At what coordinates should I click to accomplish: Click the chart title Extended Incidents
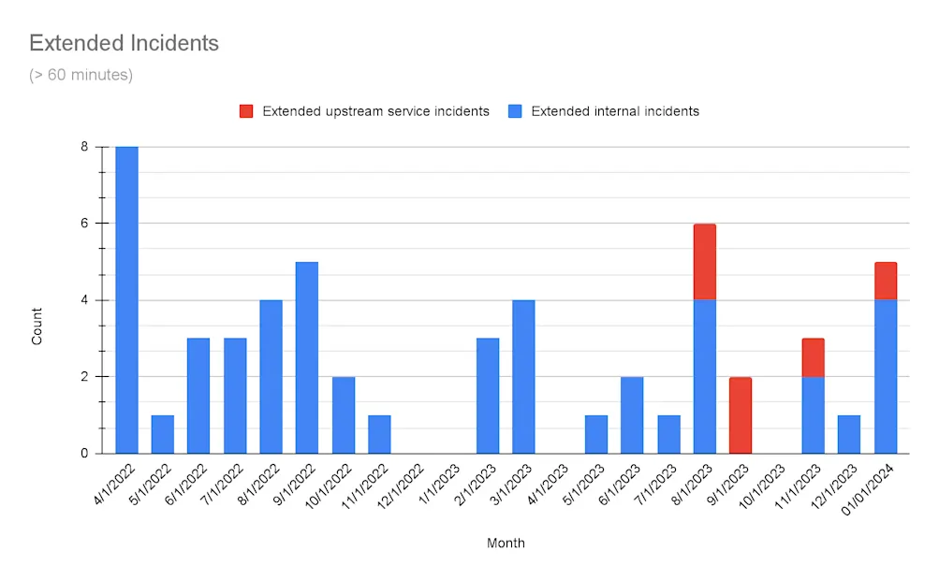[x=124, y=43]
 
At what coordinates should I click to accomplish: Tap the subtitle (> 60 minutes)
[x=81, y=75]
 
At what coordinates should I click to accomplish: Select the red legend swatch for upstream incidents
[x=246, y=111]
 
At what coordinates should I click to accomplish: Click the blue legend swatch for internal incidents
[x=515, y=111]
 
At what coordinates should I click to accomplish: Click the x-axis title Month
[x=506, y=544]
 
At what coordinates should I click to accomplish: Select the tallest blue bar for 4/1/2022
[x=126, y=299]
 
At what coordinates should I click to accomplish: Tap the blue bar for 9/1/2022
[x=307, y=357]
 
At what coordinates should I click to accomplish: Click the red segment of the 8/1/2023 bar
[x=705, y=262]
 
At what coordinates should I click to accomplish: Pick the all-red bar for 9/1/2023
[x=741, y=414]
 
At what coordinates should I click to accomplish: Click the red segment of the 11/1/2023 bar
[x=813, y=357]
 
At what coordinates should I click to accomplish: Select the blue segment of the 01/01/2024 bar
[x=886, y=376]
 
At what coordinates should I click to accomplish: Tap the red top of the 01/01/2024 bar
[x=886, y=281]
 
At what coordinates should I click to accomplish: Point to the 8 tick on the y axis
[x=84, y=147]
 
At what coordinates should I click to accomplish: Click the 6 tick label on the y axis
[x=84, y=224]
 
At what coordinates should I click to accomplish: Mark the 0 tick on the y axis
[x=84, y=454]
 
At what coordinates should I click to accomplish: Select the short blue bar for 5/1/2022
[x=163, y=434]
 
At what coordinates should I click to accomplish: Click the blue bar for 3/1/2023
[x=523, y=376]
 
